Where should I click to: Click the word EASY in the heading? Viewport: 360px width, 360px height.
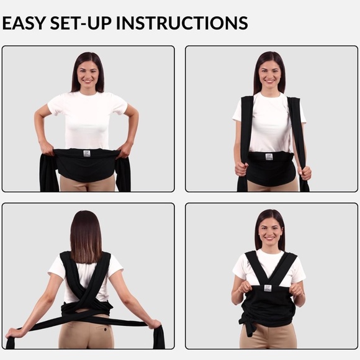coord(23,23)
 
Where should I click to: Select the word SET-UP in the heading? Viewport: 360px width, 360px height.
coord(81,23)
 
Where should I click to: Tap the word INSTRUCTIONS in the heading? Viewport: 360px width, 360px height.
coord(182,23)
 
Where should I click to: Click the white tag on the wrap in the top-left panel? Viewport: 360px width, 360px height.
coord(86,153)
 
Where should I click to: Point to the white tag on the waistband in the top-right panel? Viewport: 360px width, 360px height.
coord(269,156)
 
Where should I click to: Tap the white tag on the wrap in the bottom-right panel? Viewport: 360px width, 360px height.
coord(268,288)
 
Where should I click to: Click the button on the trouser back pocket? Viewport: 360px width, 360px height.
coord(106,330)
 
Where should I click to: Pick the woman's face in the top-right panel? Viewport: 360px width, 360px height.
coord(269,74)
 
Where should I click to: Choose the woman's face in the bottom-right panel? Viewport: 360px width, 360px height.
coord(270,232)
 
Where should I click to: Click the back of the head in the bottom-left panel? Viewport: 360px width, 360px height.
coord(86,236)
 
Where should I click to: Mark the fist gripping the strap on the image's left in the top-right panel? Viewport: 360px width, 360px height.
coord(241,169)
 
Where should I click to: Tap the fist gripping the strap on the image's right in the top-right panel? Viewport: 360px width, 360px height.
coord(305,173)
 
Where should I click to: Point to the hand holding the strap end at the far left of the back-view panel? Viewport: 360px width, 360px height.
coord(13,333)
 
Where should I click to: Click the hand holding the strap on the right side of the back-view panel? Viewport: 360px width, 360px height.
coord(155,324)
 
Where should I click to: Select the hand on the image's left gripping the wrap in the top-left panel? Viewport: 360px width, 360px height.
coord(47,148)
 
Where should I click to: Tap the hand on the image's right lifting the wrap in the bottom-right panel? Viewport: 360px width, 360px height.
coord(296,289)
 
